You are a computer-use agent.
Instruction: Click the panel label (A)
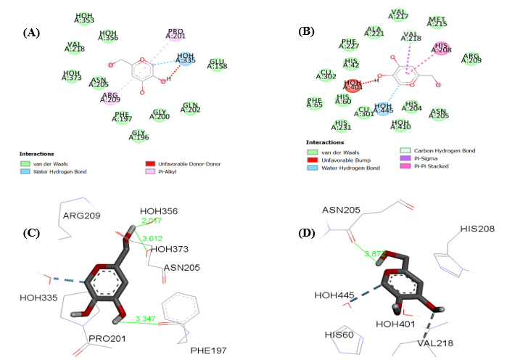click(31, 33)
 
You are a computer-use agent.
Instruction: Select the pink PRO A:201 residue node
click(176, 35)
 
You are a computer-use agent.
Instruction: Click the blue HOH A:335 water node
click(186, 58)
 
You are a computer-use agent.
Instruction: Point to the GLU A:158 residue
click(217, 65)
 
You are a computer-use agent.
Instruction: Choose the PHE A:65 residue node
click(314, 103)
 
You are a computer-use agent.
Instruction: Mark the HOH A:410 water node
click(400, 125)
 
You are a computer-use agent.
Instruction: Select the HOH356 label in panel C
click(160, 212)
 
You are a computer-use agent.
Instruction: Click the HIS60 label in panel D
click(339, 335)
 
